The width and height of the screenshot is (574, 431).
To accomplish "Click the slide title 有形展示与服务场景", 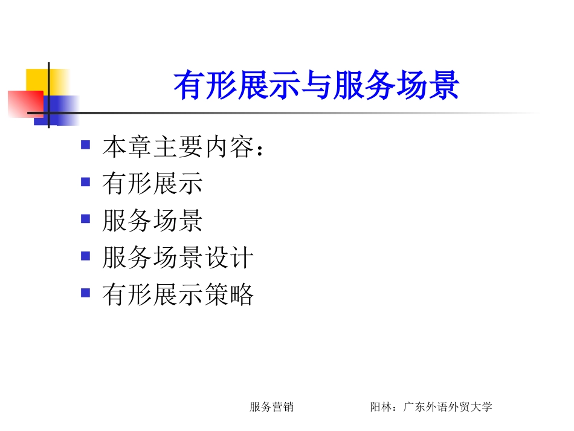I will (x=316, y=86).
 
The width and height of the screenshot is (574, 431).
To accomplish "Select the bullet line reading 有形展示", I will (x=152, y=184).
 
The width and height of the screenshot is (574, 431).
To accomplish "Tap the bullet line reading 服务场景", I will (x=152, y=221).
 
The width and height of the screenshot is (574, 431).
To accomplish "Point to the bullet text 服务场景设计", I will (x=178, y=258).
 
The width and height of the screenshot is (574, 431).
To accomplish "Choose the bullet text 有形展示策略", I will (x=178, y=295).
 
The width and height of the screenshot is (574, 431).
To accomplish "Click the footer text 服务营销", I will (x=271, y=407).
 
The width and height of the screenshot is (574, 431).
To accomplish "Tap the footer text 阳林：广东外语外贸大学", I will (x=431, y=407).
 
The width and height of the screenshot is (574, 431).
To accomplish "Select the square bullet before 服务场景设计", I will (x=86, y=256).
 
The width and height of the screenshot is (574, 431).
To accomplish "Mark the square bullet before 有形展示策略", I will (x=86, y=293).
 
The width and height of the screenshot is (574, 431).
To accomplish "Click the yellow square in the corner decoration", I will (x=37, y=80).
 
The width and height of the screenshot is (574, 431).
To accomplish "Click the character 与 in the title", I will (x=316, y=86).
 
